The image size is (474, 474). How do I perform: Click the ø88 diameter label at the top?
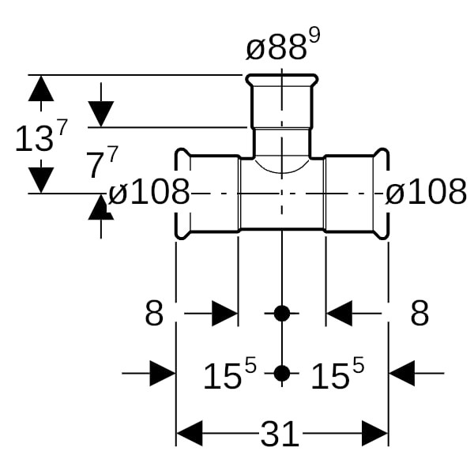pyautogui.click(x=275, y=50)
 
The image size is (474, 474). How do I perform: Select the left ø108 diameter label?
pyautogui.click(x=149, y=192)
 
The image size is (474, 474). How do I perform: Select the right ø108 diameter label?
pyautogui.click(x=426, y=192)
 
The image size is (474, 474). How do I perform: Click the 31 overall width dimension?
pyautogui.click(x=280, y=434)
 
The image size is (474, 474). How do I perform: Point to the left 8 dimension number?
pyautogui.click(x=154, y=314)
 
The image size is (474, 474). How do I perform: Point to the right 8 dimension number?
pyautogui.click(x=419, y=314)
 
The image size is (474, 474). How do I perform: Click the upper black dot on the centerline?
pyautogui.click(x=282, y=314)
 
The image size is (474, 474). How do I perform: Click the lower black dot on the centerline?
pyautogui.click(x=282, y=373)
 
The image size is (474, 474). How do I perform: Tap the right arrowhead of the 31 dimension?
pyautogui.click(x=374, y=434)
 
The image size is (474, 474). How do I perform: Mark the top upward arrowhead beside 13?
pyautogui.click(x=40, y=88)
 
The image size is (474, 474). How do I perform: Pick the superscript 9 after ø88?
pyautogui.click(x=314, y=36)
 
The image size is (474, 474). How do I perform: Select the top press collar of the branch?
pyautogui.click(x=282, y=81)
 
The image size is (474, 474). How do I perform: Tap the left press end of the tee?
pyautogui.click(x=182, y=194)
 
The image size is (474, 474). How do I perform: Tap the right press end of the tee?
pyautogui.click(x=381, y=194)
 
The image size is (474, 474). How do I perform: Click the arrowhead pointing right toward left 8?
pyautogui.click(x=224, y=314)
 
